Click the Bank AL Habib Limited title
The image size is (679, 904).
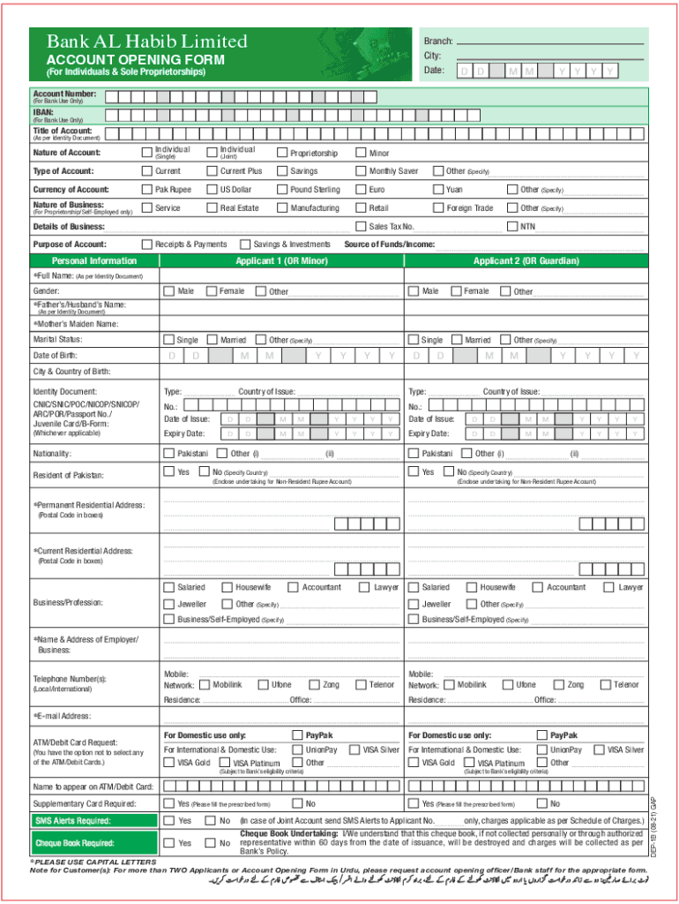pos(146,41)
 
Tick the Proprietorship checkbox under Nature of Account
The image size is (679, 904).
pos(282,153)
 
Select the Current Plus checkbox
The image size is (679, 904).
pos(212,171)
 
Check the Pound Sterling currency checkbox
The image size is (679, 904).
pos(282,190)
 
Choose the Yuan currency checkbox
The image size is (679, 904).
pos(438,190)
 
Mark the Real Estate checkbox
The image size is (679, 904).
pos(212,208)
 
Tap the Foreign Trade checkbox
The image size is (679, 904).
pos(438,208)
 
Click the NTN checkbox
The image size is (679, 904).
pos(512,227)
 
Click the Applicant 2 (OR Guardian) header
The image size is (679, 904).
pos(526,261)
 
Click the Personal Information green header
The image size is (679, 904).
pos(94,261)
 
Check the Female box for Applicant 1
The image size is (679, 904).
pos(211,291)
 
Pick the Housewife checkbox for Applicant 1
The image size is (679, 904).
pos(227,587)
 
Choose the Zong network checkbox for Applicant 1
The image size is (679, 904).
pos(314,685)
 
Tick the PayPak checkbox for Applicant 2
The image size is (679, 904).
pos(542,735)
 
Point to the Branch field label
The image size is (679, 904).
pos(438,41)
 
